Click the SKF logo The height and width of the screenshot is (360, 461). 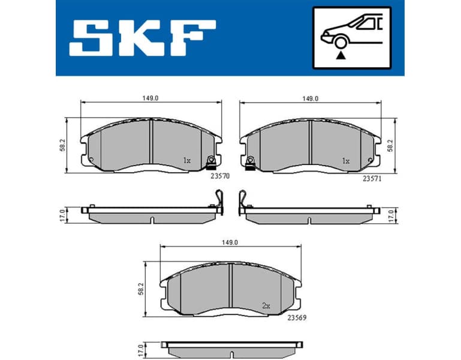pyautogui.click(x=142, y=38)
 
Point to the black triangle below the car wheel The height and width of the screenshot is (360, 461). pyautogui.click(x=342, y=55)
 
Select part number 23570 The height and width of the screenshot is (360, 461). pyautogui.click(x=220, y=178)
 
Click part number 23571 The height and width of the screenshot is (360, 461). pyautogui.click(x=372, y=178)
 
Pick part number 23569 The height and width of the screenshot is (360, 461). pyautogui.click(x=297, y=318)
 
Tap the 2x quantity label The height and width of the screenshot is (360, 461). pyautogui.click(x=266, y=305)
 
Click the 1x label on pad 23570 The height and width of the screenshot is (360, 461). pyautogui.click(x=186, y=161)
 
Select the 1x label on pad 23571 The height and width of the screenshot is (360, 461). pyautogui.click(x=345, y=161)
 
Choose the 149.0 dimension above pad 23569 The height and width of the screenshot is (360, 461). pyautogui.click(x=231, y=242)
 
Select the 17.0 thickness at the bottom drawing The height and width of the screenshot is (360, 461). pyautogui.click(x=140, y=349)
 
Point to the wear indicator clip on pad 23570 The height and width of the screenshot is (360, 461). pyautogui.click(x=210, y=162)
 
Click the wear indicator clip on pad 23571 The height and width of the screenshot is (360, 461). pyautogui.click(x=251, y=162)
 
